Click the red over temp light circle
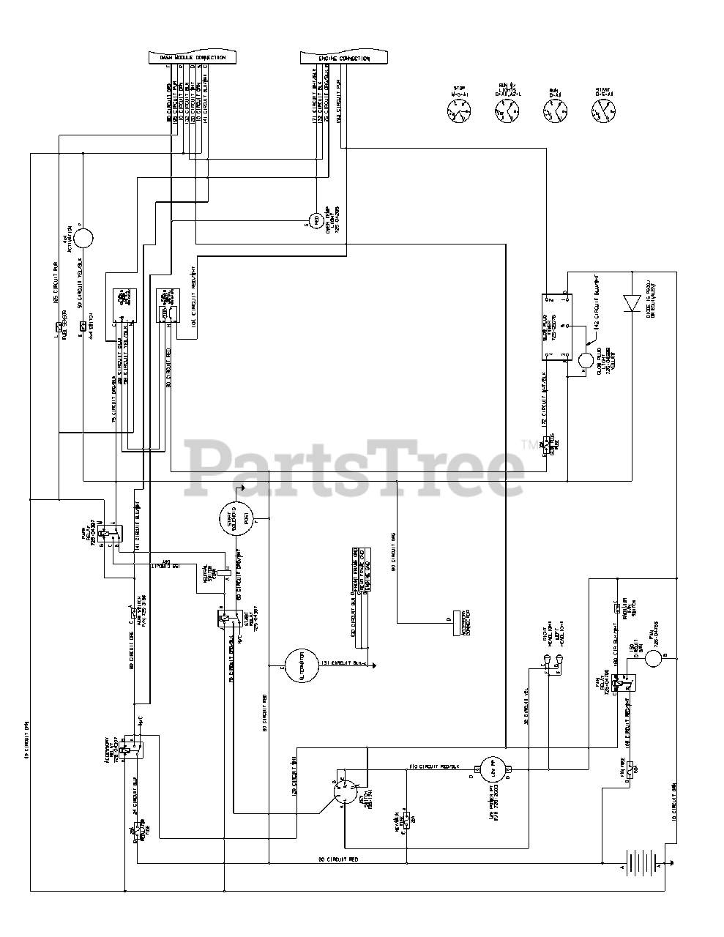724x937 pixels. coord(317,218)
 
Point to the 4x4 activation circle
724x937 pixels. coord(83,239)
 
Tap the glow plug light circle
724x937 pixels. coord(586,360)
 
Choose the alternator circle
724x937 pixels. coord(297,664)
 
